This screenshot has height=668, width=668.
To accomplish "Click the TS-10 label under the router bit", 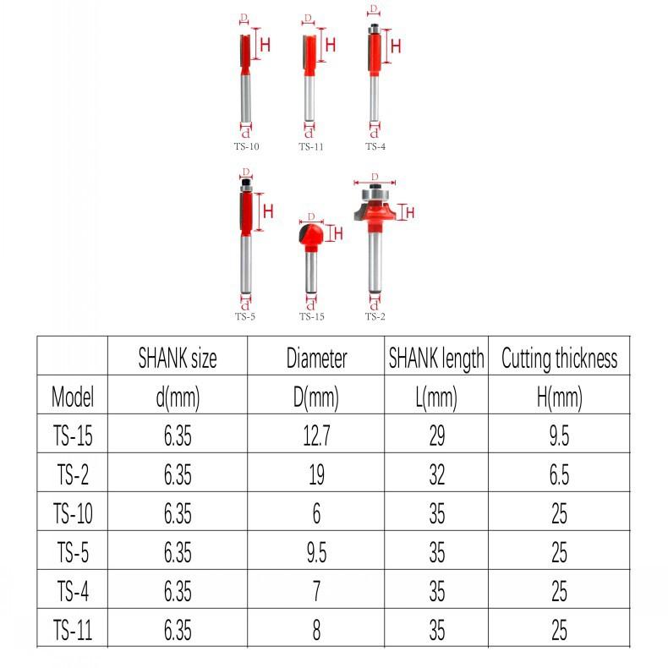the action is [x=246, y=146].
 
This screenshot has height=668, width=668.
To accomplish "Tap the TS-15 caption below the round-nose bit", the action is [x=311, y=316].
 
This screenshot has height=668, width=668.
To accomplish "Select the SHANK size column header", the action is [x=178, y=358].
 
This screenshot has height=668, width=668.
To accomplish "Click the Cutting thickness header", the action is [x=560, y=359].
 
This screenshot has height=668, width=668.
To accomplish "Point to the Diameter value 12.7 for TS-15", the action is [x=316, y=435].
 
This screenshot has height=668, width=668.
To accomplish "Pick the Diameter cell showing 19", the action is [x=316, y=474].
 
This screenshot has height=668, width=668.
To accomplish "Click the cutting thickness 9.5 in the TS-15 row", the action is [x=559, y=435].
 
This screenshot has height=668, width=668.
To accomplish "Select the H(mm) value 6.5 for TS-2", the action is [x=559, y=474].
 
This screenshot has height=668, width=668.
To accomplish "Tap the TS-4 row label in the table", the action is [x=73, y=591].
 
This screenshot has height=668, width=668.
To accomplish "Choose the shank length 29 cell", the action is [x=436, y=435].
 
